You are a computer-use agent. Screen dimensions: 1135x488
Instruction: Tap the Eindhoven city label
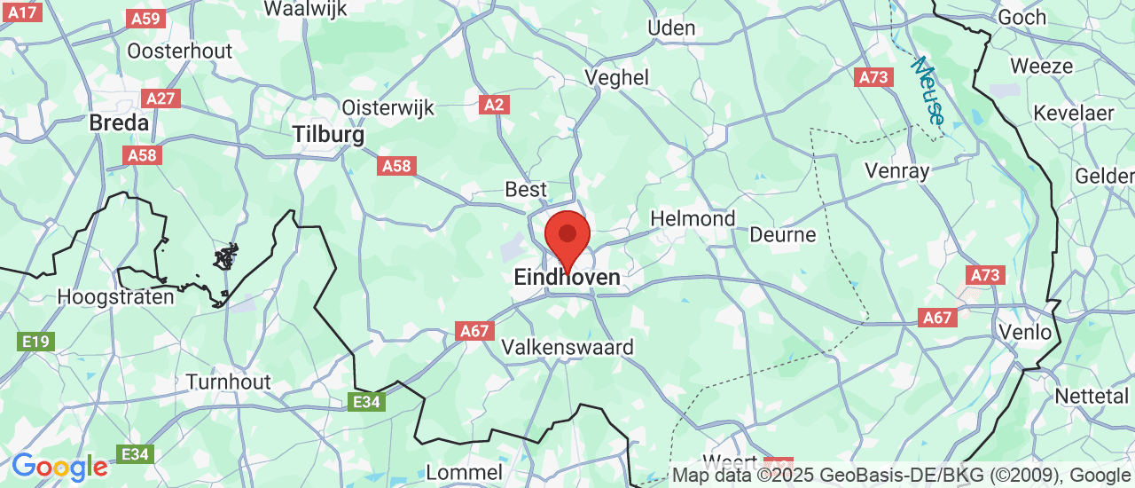tap(567, 278)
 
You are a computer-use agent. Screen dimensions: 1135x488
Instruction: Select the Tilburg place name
tap(328, 135)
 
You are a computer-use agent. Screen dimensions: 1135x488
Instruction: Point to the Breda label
tap(119, 123)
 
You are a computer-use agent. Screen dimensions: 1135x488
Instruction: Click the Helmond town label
tap(693, 218)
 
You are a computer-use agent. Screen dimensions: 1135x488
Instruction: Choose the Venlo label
tap(1025, 333)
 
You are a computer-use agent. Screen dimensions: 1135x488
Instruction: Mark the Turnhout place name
tap(228, 382)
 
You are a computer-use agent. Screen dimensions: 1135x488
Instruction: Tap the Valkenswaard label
tap(567, 347)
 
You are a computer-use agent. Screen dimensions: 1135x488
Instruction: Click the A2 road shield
tap(494, 105)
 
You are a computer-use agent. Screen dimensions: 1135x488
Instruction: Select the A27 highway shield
tap(160, 98)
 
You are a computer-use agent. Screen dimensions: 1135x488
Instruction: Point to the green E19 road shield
tap(36, 341)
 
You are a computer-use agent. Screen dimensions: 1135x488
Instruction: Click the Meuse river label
tap(928, 91)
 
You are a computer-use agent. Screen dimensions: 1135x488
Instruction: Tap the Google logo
tap(59, 467)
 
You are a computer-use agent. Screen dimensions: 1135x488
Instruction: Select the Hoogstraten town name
tap(115, 296)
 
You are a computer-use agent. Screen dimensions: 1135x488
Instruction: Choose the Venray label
tap(898, 170)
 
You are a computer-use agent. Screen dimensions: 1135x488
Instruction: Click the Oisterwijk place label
tap(387, 107)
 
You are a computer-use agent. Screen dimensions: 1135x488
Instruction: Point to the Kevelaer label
tap(1073, 114)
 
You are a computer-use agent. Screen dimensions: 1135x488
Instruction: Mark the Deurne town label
tap(782, 234)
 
